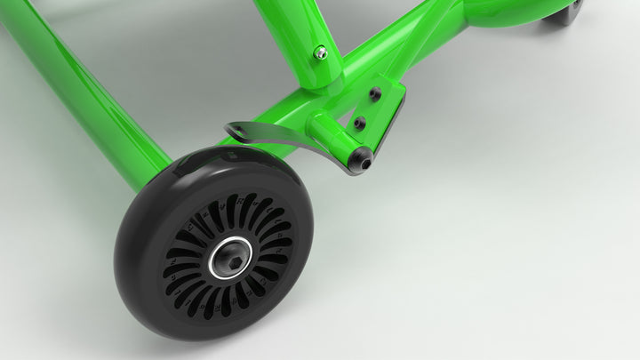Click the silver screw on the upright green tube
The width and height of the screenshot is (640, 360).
tap(321, 53)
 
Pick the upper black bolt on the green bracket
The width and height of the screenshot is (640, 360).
tap(375, 93)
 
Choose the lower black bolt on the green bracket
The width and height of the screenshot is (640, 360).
tap(359, 123)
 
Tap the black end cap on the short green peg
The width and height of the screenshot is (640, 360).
tap(360, 160)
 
